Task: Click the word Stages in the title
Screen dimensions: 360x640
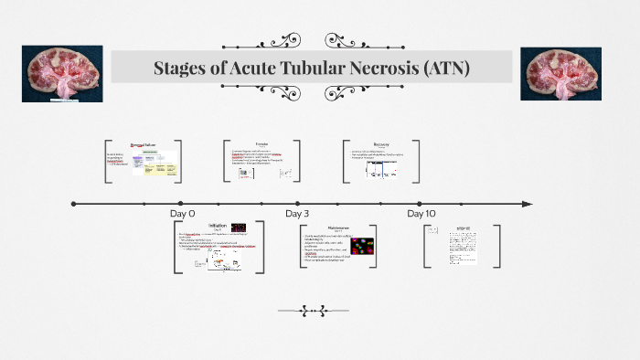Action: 183,69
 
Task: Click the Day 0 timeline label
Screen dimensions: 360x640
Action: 183,213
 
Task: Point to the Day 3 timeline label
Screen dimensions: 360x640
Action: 297,213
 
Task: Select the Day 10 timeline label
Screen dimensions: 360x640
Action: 421,213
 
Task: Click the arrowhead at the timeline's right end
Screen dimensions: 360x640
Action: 526,204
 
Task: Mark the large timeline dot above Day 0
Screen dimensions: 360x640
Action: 181,204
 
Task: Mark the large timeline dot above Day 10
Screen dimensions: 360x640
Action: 419,204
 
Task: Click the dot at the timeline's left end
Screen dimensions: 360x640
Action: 73,204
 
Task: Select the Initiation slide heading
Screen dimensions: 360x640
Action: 218,226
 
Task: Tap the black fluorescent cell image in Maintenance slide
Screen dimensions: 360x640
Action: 363,247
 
